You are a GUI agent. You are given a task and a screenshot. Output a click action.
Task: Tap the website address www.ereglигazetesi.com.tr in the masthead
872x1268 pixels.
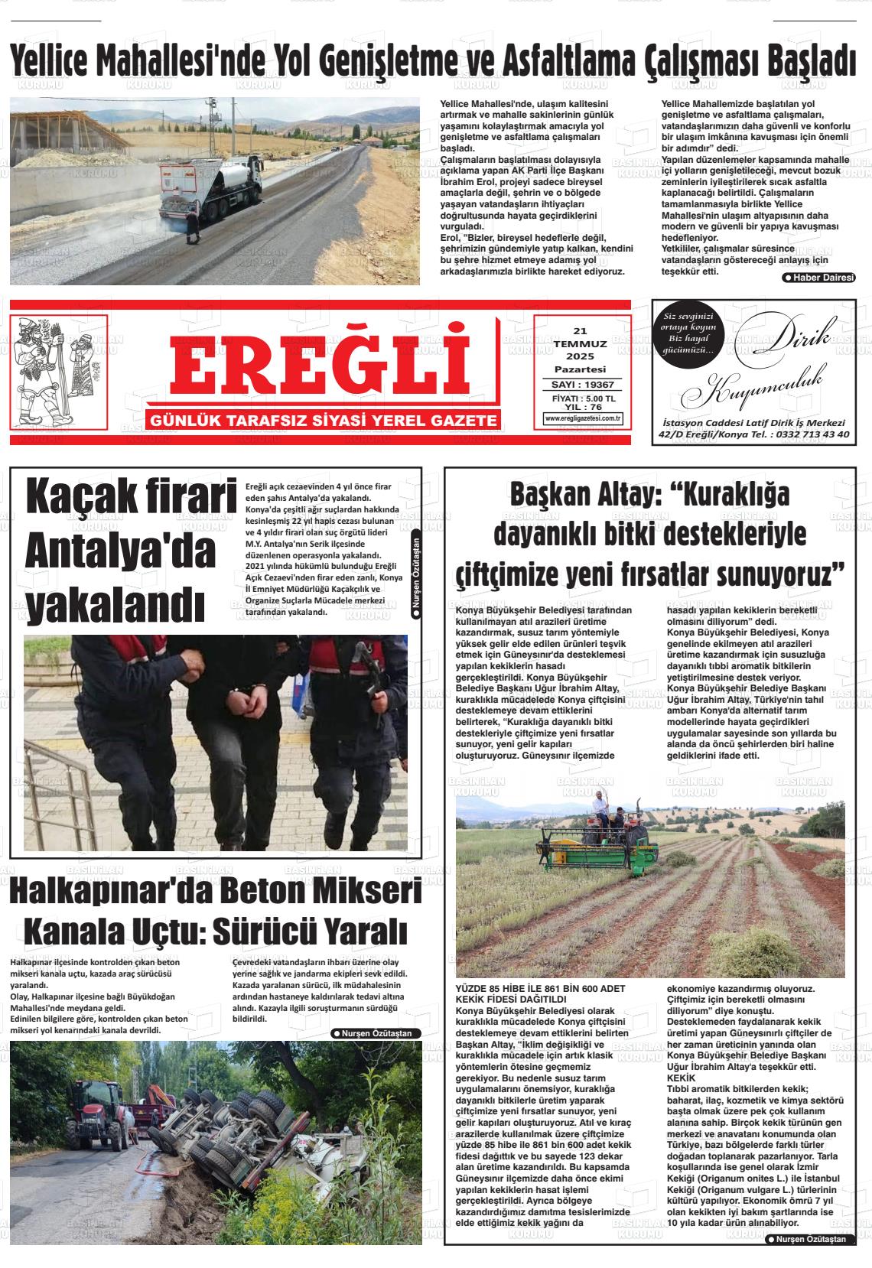[x=583, y=418]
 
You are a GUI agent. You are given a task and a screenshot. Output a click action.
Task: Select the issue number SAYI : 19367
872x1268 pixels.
[x=582, y=385]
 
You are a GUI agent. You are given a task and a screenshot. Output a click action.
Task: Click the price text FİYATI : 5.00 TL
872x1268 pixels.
[x=583, y=399]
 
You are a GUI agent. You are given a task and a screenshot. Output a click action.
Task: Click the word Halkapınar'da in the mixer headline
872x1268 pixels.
[x=115, y=893]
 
